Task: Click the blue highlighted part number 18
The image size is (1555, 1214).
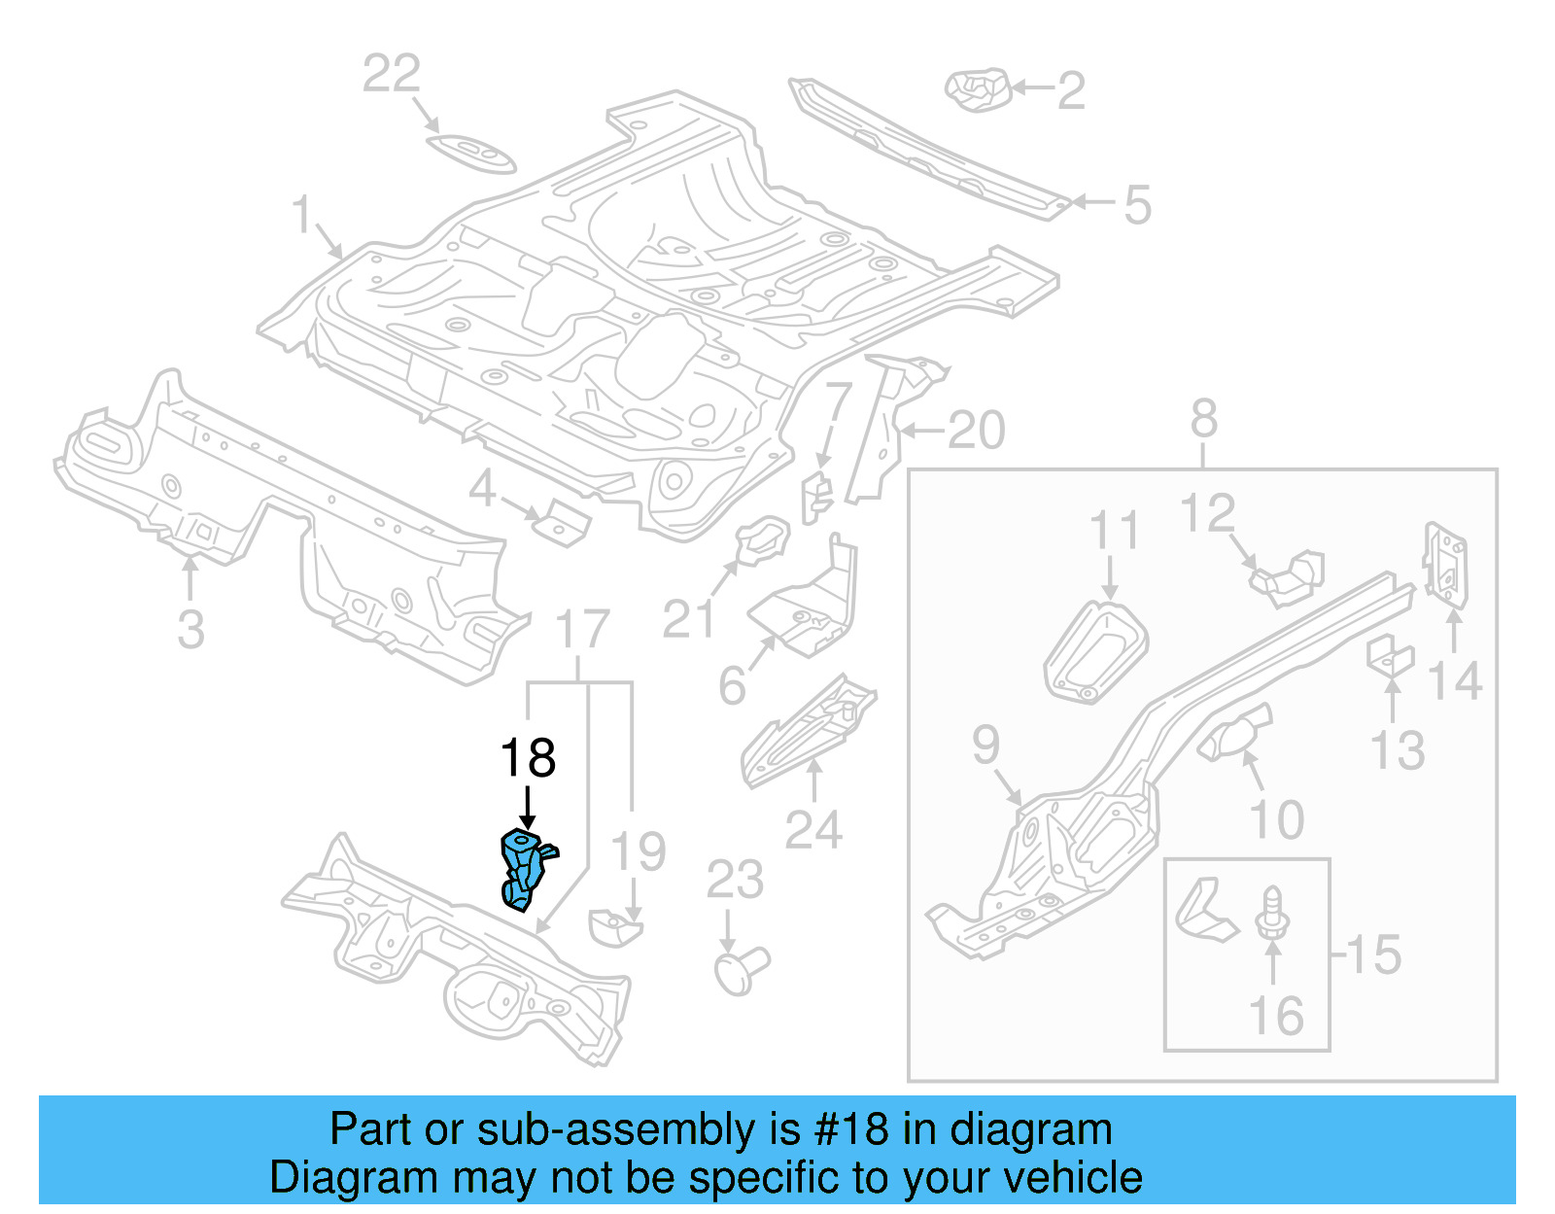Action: click(525, 868)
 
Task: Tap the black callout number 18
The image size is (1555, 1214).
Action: click(528, 757)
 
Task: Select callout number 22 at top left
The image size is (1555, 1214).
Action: click(391, 74)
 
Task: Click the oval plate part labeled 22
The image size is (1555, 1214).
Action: click(470, 154)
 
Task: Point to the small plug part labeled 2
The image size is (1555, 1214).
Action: click(978, 89)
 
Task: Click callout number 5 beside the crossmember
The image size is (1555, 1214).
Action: click(1136, 205)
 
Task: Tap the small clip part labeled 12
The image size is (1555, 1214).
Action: click(1289, 575)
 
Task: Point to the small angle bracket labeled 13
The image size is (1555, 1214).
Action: click(1390, 655)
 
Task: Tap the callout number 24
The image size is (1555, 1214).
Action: click(812, 829)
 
